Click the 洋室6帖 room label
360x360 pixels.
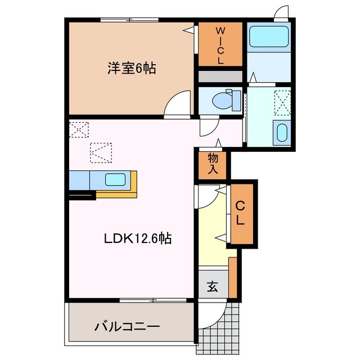click(x=132, y=69)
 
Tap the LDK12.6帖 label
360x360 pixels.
click(x=137, y=238)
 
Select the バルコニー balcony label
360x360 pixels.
click(x=127, y=326)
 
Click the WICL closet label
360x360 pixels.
click(x=220, y=44)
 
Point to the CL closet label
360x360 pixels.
click(x=240, y=213)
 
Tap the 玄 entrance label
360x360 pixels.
click(x=212, y=287)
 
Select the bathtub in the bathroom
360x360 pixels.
click(x=268, y=37)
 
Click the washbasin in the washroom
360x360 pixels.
click(x=281, y=133)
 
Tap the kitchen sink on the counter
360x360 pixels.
click(x=116, y=181)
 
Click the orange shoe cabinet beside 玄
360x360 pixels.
click(x=232, y=277)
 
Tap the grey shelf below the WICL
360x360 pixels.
click(x=220, y=76)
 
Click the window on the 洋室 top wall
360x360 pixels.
click(x=129, y=21)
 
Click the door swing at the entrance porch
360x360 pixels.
click(x=233, y=309)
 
